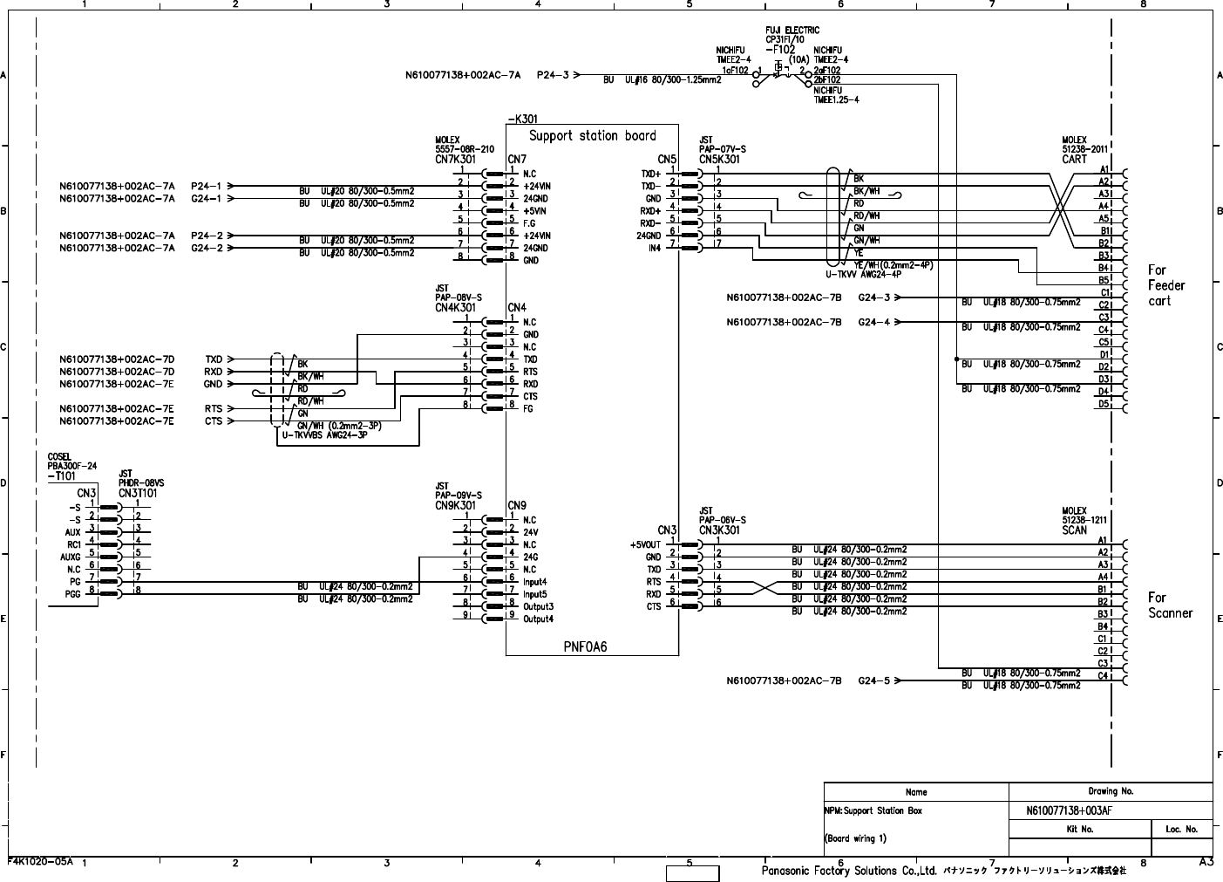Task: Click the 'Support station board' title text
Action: [x=592, y=136]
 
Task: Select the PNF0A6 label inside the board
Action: [x=584, y=646]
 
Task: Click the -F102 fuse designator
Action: [x=780, y=50]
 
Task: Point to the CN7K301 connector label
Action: [x=455, y=160]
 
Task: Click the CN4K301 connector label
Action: [x=455, y=308]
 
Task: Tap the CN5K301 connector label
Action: [x=719, y=160]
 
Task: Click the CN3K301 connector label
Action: [x=719, y=530]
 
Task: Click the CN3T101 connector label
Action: [x=138, y=493]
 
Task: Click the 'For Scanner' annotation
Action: [x=1169, y=605]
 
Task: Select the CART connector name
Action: [x=1074, y=160]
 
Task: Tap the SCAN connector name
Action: [x=1074, y=530]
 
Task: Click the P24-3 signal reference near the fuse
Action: [x=553, y=75]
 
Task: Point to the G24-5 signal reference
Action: [x=874, y=680]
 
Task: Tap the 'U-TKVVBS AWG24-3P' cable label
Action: [x=324, y=434]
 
